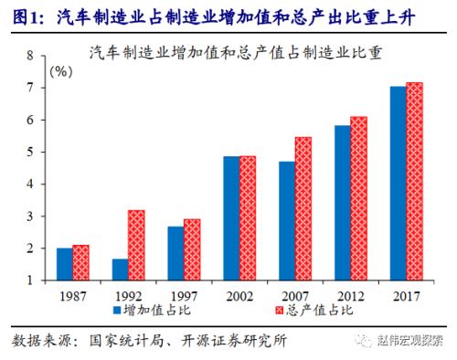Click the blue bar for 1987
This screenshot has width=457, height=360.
[65, 264]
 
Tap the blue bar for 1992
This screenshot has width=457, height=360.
[120, 270]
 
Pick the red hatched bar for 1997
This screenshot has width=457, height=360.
[191, 249]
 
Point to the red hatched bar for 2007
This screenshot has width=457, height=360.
[303, 208]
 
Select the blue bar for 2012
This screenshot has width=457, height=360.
[342, 202]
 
